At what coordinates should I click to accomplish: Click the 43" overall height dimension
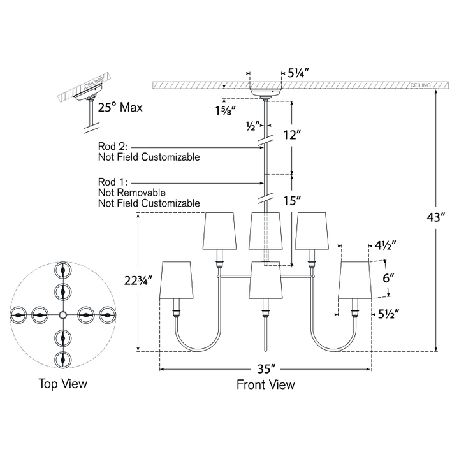pyautogui.click(x=436, y=217)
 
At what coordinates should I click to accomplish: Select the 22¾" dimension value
pyautogui.click(x=138, y=280)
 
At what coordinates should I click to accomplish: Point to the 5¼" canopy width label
pyautogui.click(x=298, y=73)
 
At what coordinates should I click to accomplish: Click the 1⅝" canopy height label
pyautogui.click(x=226, y=111)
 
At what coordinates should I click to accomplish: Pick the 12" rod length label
pyautogui.click(x=292, y=135)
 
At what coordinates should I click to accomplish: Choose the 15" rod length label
pyautogui.click(x=292, y=201)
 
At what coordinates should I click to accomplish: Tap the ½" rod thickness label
pyautogui.click(x=252, y=126)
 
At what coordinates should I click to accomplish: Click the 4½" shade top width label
pyautogui.click(x=386, y=245)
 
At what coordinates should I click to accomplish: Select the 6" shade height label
pyautogui.click(x=388, y=278)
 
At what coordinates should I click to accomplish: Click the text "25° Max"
pyautogui.click(x=120, y=108)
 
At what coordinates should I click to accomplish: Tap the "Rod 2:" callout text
pyautogui.click(x=113, y=146)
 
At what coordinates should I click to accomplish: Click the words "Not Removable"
pyautogui.click(x=132, y=193)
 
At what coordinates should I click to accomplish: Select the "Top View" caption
pyautogui.click(x=63, y=384)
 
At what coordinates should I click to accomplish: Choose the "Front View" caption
pyautogui.click(x=265, y=384)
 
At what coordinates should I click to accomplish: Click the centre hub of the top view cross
pyautogui.click(x=62, y=315)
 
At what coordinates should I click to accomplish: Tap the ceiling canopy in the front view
pyautogui.click(x=265, y=92)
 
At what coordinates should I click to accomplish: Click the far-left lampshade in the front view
pyautogui.click(x=177, y=280)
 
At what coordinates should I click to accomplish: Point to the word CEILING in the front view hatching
pyautogui.click(x=420, y=85)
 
